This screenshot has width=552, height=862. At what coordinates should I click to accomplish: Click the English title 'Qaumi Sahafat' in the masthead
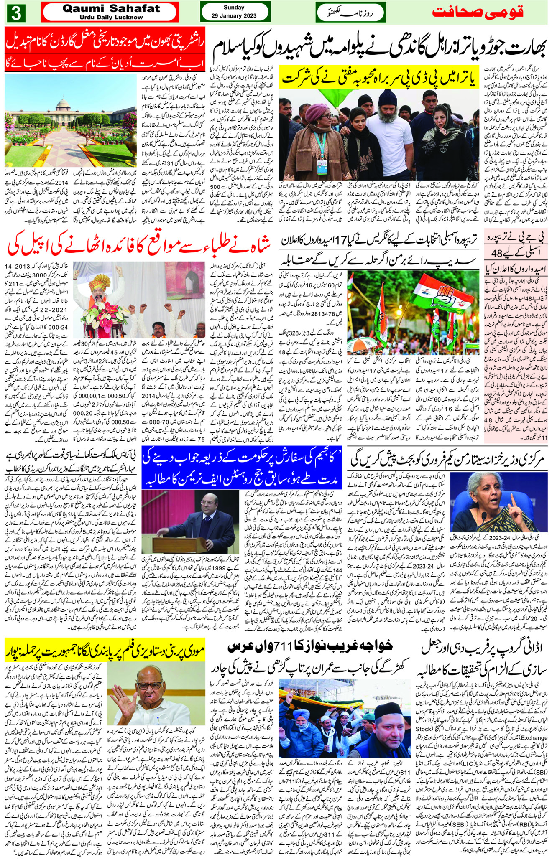[110, 9]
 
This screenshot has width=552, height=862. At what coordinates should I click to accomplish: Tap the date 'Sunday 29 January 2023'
[234, 12]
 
